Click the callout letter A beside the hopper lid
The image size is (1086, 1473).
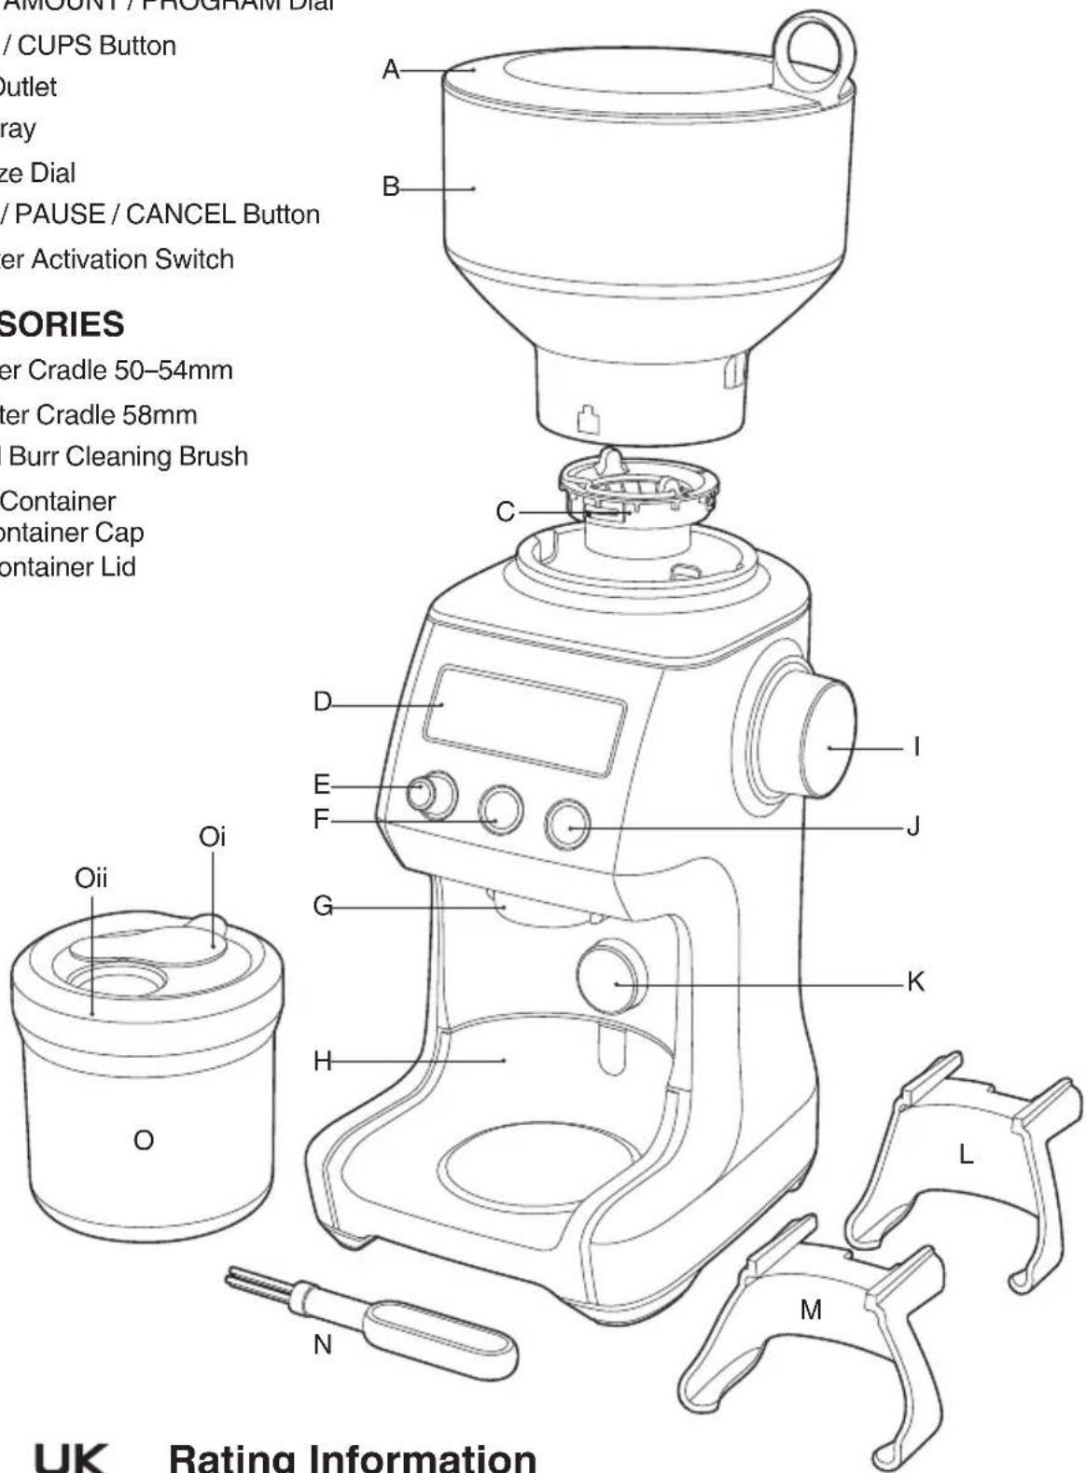point(391,69)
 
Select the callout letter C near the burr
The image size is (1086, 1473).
point(505,512)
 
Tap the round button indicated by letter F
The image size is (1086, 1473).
point(501,810)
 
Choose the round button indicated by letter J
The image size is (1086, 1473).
point(568,823)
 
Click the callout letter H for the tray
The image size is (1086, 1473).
point(323,1061)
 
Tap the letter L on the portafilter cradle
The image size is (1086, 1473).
point(966,1155)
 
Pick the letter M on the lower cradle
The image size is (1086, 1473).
point(811,1310)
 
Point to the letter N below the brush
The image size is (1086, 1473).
point(322,1344)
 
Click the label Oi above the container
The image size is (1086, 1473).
point(212,837)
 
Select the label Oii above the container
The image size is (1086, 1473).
point(90,878)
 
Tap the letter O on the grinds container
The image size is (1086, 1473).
point(143,1140)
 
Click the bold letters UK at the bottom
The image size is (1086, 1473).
point(71,1457)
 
